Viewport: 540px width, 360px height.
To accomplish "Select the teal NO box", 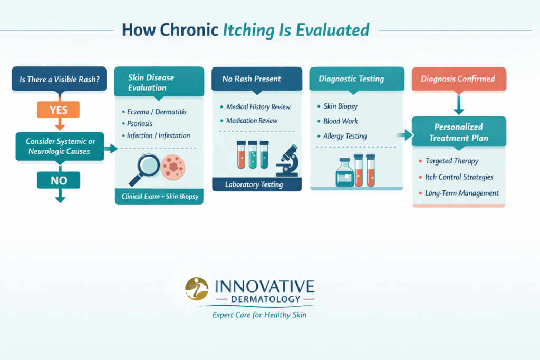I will [x=59, y=181].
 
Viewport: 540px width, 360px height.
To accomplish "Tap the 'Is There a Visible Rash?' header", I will [x=60, y=80].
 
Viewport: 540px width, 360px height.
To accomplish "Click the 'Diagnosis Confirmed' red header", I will [x=458, y=79].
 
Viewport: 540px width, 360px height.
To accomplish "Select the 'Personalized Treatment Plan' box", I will [x=458, y=132].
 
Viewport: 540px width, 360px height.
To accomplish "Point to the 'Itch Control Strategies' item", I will [x=459, y=177].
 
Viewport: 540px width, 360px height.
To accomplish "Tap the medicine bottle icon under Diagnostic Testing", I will [x=345, y=172].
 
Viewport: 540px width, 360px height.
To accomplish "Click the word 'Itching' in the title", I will [x=252, y=30].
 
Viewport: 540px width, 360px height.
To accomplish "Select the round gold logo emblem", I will [x=197, y=288].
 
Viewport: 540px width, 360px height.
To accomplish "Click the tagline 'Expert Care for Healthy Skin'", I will [x=259, y=315].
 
